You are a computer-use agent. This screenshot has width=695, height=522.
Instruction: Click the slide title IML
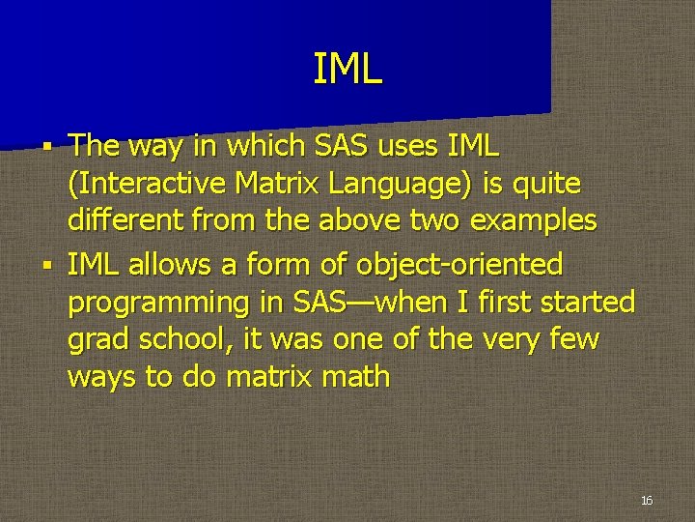(347, 70)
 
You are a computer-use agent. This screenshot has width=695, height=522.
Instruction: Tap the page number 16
(647, 500)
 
